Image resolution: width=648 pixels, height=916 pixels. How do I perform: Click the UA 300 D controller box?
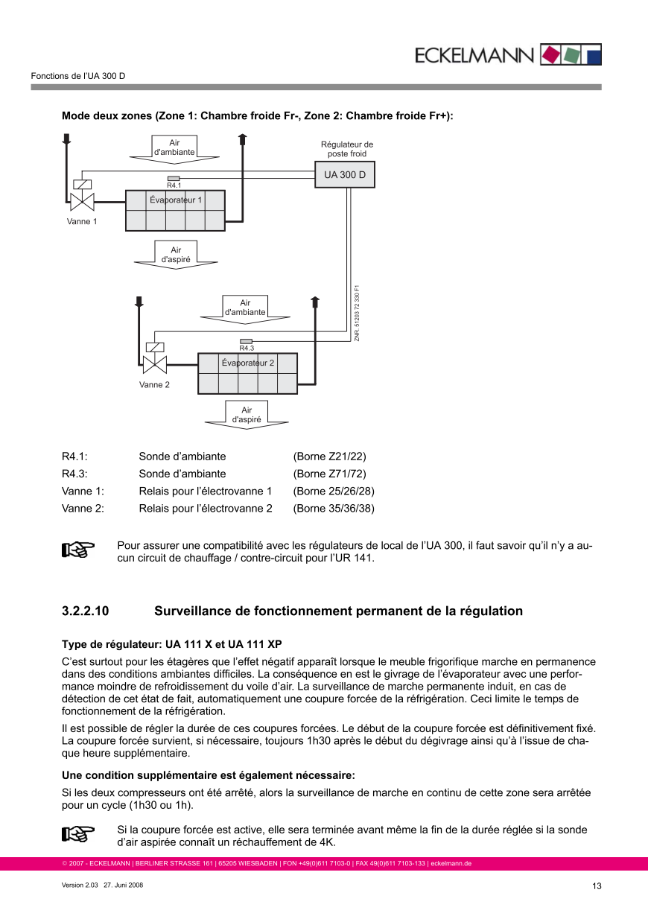point(346,175)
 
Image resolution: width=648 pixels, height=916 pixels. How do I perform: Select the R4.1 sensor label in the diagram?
point(174,185)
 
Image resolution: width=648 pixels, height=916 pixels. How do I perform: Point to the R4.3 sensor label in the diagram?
point(247,348)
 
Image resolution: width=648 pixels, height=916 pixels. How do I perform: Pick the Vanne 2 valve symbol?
point(153,363)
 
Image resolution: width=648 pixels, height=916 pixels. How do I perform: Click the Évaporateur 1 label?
point(176,200)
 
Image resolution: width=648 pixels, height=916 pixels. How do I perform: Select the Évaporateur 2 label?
point(248,363)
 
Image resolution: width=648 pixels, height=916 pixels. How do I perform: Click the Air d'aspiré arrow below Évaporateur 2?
point(247,415)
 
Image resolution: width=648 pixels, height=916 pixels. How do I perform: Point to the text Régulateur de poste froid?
point(347,149)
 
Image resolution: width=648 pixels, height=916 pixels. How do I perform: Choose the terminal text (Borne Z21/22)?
point(330,457)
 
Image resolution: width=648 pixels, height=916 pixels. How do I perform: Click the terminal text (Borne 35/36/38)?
point(334,509)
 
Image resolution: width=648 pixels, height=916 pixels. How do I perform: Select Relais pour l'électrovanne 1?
point(206,492)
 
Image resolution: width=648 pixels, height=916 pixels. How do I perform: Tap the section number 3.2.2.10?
point(86,611)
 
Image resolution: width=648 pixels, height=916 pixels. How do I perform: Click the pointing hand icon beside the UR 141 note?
point(78,550)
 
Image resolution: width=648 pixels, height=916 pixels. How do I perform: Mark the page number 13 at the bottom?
point(597,886)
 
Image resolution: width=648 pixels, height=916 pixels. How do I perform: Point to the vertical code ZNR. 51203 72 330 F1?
point(358,314)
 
